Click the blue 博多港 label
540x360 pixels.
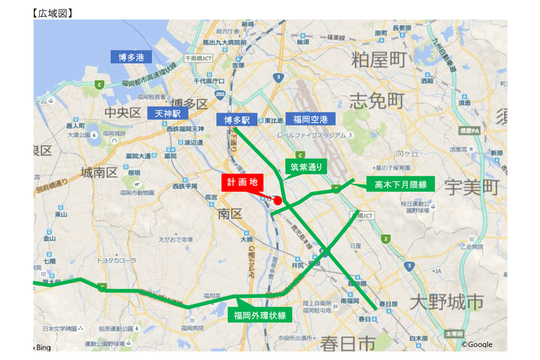click(x=131, y=57)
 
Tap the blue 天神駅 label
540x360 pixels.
click(x=168, y=113)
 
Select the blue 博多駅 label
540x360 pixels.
click(x=237, y=120)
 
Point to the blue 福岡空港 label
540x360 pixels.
click(x=310, y=120)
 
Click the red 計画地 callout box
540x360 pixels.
click(x=242, y=182)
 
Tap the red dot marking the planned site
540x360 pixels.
click(x=277, y=201)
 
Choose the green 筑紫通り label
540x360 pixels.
click(x=306, y=166)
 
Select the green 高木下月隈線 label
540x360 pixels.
click(x=401, y=184)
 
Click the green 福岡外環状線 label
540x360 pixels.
click(x=260, y=315)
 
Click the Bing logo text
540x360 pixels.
click(x=42, y=346)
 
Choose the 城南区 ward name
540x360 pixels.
click(x=99, y=172)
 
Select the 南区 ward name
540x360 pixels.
click(x=230, y=214)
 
